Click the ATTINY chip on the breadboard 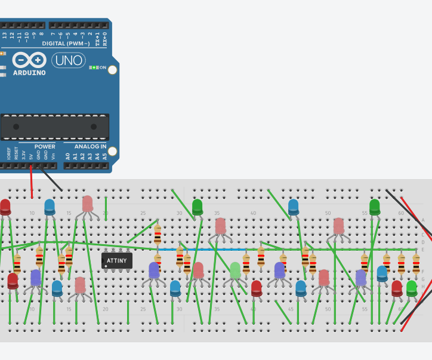pos(116,260)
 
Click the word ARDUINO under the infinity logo pos(29,73)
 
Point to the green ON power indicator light pos(94,67)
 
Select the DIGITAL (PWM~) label pos(66,44)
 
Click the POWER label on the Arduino pos(44,146)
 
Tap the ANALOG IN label pos(90,146)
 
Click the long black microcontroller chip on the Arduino pos(55,127)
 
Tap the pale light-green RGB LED pos(235,270)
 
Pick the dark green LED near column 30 pos(198,207)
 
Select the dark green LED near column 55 pos(375,207)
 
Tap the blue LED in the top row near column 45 pos(293,207)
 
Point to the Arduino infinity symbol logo pos(29,60)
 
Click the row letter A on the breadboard pos(422,220)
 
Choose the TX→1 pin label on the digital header pos(97,38)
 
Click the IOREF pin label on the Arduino pos(8,153)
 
